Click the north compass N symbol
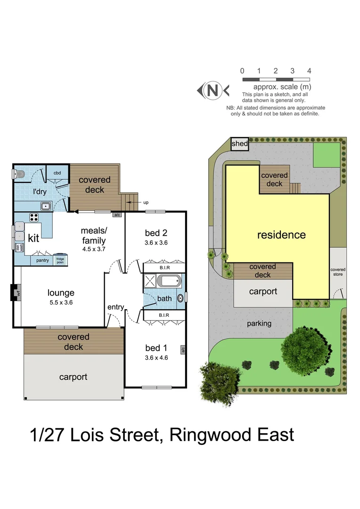click(x=213, y=90)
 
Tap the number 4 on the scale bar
click(x=309, y=71)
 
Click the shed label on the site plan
click(x=240, y=144)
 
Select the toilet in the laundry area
click(x=19, y=174)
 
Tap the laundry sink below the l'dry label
click(x=46, y=205)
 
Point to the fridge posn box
click(x=60, y=260)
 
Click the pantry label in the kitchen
click(x=43, y=260)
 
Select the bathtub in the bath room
click(x=169, y=282)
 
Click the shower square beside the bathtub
click(x=150, y=282)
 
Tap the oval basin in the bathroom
click(x=181, y=298)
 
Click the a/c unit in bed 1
click(x=182, y=349)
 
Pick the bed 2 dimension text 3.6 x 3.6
click(x=156, y=243)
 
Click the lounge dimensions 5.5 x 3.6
click(x=61, y=303)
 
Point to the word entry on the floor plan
click(x=115, y=307)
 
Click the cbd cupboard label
click(x=57, y=173)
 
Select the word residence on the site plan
click(x=281, y=235)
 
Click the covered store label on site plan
click(x=337, y=272)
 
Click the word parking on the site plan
click(x=259, y=323)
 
